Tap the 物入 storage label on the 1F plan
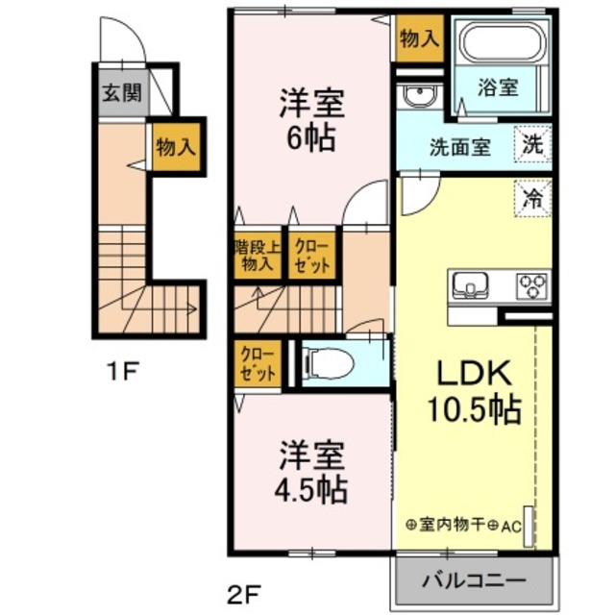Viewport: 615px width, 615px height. click(x=176, y=148)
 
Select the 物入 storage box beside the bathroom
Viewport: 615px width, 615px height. click(x=418, y=39)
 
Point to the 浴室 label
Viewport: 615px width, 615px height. click(x=499, y=87)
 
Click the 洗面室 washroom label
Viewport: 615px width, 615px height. click(x=459, y=148)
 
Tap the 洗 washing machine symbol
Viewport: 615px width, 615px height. click(x=532, y=145)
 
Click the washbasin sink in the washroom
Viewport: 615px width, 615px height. click(x=416, y=96)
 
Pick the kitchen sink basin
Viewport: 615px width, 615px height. click(x=471, y=284)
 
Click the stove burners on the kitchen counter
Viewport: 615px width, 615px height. click(x=531, y=284)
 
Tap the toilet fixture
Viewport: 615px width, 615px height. click(x=322, y=364)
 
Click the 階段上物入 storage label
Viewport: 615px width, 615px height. click(x=256, y=255)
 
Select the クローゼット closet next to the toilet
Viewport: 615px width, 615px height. click(x=258, y=364)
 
